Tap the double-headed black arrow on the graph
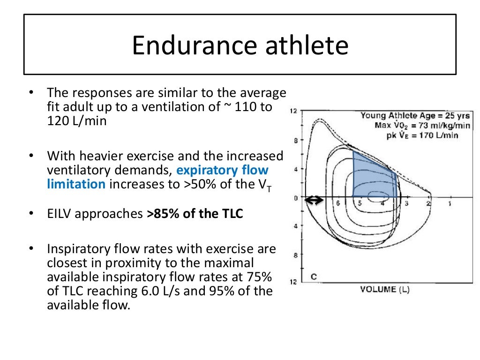point(314,201)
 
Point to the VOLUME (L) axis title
point(384,289)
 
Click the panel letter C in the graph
point(314,277)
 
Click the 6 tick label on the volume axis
point(337,203)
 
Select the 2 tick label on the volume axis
point(428,203)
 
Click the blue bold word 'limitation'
point(76,184)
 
